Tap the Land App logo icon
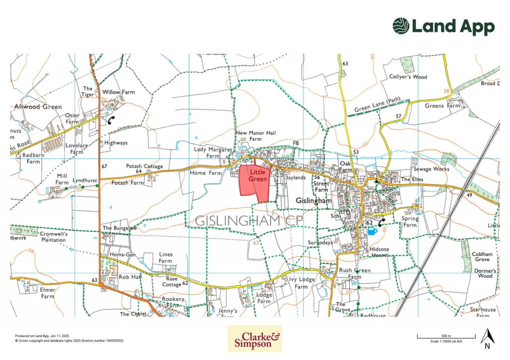(x=401, y=26)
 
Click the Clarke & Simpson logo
(x=255, y=339)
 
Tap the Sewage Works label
(x=431, y=169)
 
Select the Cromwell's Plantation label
(x=53, y=237)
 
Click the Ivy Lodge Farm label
(x=302, y=283)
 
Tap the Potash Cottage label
(x=141, y=166)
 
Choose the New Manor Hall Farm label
(x=256, y=136)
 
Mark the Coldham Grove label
(x=482, y=256)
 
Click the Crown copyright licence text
(x=69, y=341)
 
